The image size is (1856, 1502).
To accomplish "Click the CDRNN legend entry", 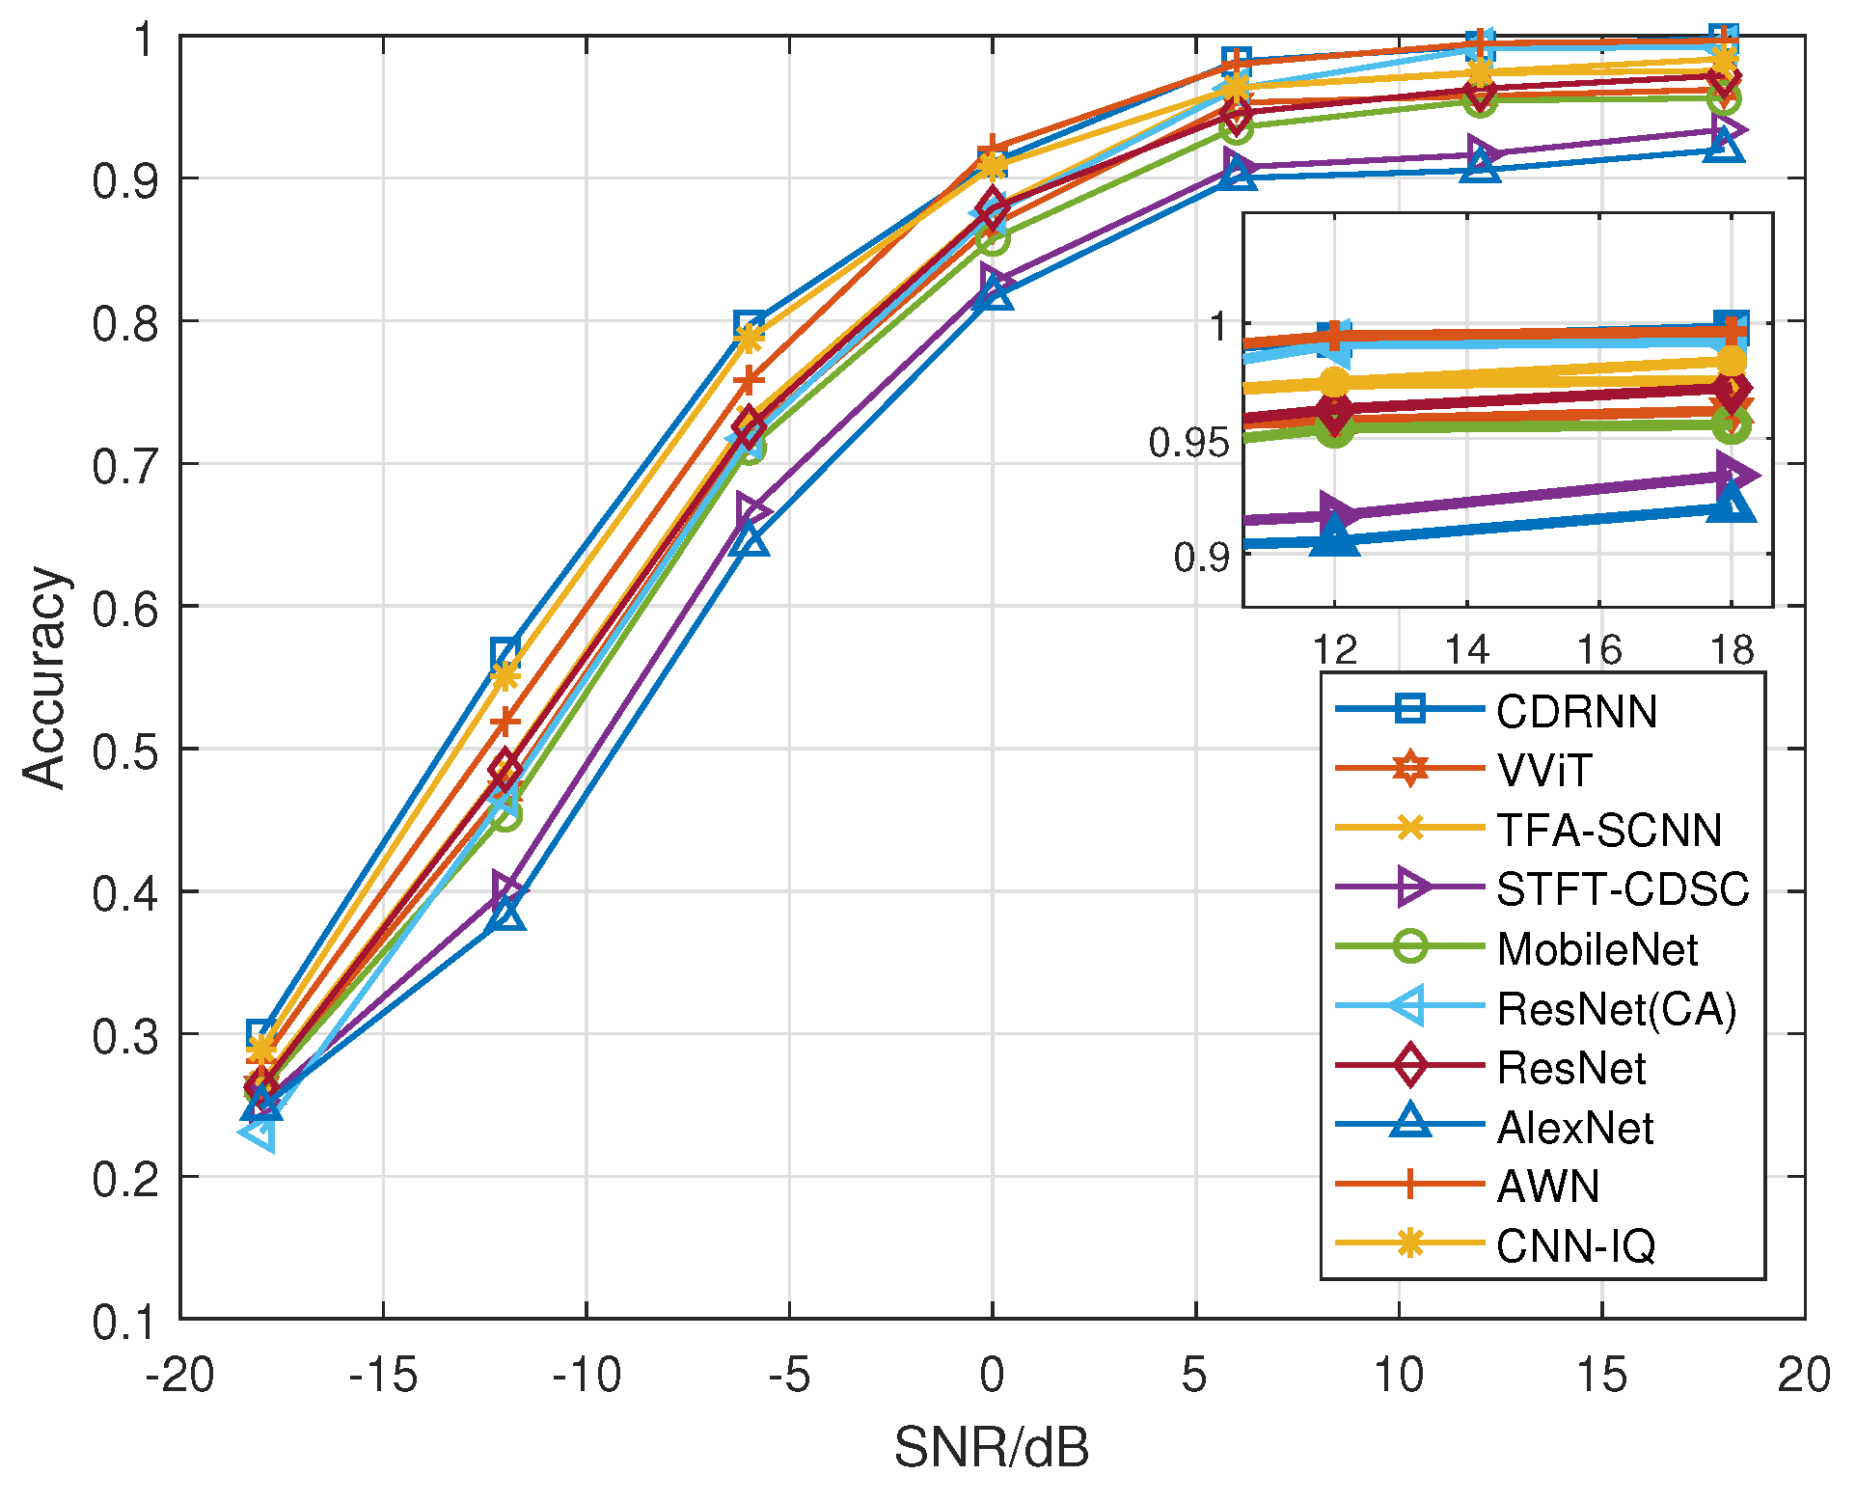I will pyautogui.click(x=1575, y=712).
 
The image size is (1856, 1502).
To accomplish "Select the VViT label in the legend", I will pyautogui.click(x=1544, y=771).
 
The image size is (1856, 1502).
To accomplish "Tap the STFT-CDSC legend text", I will pyautogui.click(x=1622, y=889).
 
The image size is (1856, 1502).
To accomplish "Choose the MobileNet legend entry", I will pyautogui.click(x=1597, y=949).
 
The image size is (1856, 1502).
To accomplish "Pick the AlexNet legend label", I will pyautogui.click(x=1574, y=1128).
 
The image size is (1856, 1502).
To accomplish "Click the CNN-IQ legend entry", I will pyautogui.click(x=1575, y=1246).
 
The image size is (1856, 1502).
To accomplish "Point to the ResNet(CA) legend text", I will pyautogui.click(x=1616, y=1009).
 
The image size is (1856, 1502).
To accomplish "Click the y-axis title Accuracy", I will pyautogui.click(x=44, y=677).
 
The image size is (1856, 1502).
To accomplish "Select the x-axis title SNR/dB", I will pyautogui.click(x=991, y=1447).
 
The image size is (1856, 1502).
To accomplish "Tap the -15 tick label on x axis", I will pyautogui.click(x=383, y=1375).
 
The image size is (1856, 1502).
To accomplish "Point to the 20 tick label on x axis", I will pyautogui.click(x=1803, y=1375).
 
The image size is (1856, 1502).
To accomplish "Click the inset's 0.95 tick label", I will pyautogui.click(x=1188, y=443).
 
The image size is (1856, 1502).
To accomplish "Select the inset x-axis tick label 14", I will pyautogui.click(x=1466, y=651).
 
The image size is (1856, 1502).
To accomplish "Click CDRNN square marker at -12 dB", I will pyautogui.click(x=505, y=651).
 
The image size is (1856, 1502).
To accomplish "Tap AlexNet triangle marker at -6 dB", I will pyautogui.click(x=750, y=541).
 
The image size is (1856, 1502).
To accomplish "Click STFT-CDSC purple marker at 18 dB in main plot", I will pyautogui.click(x=1725, y=131).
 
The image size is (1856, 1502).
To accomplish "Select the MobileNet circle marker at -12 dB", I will pyautogui.click(x=505, y=815).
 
